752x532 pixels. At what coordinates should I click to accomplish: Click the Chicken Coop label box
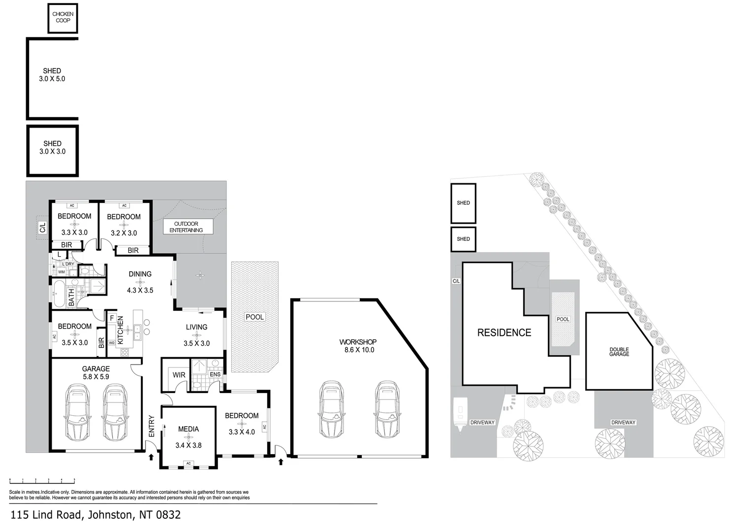tap(63, 18)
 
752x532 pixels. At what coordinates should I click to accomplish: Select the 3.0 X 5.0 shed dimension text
tap(52, 79)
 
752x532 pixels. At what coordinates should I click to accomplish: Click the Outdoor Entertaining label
tap(188, 227)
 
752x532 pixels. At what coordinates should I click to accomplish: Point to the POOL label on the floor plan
tap(254, 317)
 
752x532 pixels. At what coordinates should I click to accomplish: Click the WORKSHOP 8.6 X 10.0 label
tap(358, 346)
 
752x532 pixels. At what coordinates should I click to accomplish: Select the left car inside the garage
tap(77, 413)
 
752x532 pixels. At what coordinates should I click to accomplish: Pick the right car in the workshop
tap(387, 407)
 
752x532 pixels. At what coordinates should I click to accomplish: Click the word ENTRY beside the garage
tap(151, 426)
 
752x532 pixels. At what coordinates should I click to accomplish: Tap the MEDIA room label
tap(188, 429)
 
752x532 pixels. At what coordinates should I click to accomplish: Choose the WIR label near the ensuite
tap(179, 375)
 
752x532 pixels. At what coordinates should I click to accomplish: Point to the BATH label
tap(71, 298)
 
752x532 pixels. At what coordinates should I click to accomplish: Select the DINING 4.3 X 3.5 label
tap(140, 282)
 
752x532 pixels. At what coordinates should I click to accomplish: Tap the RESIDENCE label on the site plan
tap(504, 332)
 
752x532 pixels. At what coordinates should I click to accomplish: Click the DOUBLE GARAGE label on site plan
tap(619, 351)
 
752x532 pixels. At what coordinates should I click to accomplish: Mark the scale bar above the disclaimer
tap(42, 480)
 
